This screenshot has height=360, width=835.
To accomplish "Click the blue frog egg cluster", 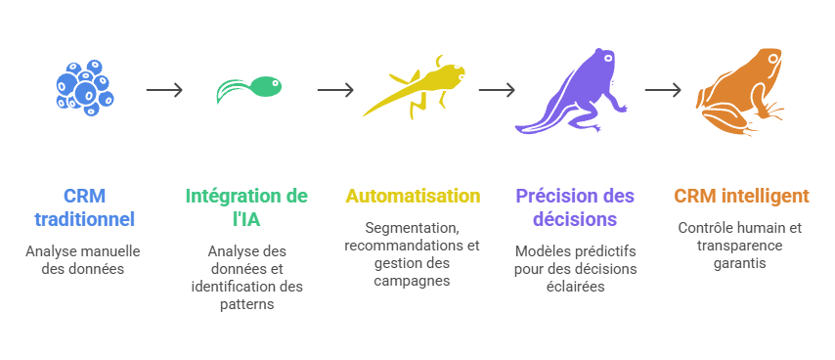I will [84, 88].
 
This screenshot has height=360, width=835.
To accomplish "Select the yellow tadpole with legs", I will [415, 89].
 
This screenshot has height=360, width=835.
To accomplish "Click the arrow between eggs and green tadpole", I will [164, 90].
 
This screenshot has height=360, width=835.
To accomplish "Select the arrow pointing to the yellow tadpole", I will [335, 90].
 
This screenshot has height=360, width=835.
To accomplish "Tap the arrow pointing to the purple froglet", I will [496, 90].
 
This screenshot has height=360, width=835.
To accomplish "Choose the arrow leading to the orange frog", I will [663, 90].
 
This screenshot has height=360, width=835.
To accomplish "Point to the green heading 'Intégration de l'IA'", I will [246, 207].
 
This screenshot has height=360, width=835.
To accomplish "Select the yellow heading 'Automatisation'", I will [413, 196].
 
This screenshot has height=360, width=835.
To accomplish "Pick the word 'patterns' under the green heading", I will [246, 304].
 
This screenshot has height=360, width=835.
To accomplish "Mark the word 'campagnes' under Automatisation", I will [413, 281].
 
